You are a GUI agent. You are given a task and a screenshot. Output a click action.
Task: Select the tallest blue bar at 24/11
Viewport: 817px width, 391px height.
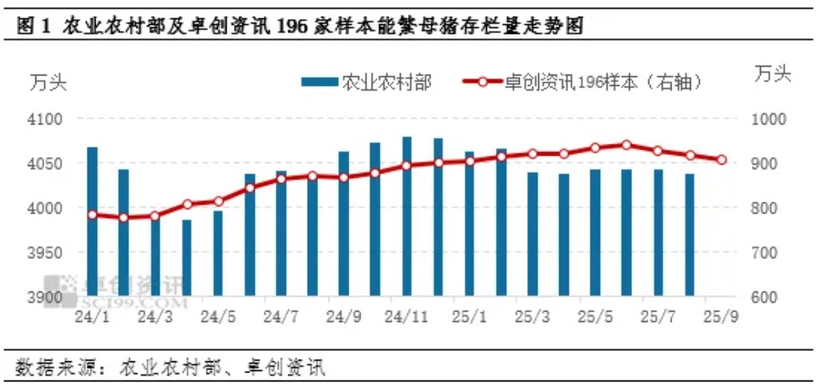point(407,217)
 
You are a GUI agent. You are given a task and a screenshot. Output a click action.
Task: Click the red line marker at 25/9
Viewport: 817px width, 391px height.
point(721,160)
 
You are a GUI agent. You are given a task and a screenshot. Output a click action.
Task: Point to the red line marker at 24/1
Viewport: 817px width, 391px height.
point(92,214)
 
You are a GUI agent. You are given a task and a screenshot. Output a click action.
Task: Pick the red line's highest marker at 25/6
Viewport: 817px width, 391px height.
point(627,145)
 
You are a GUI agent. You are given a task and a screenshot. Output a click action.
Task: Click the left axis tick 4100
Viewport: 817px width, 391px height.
point(47,120)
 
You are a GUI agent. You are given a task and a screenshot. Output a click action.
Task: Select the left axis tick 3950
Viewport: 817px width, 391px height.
point(47,253)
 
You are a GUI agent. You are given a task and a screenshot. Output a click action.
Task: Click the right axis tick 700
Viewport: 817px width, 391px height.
point(766,253)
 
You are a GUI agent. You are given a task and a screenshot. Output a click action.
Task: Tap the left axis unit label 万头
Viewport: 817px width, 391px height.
point(48,82)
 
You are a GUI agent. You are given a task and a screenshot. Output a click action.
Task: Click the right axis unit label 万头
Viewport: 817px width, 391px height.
point(773,75)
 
